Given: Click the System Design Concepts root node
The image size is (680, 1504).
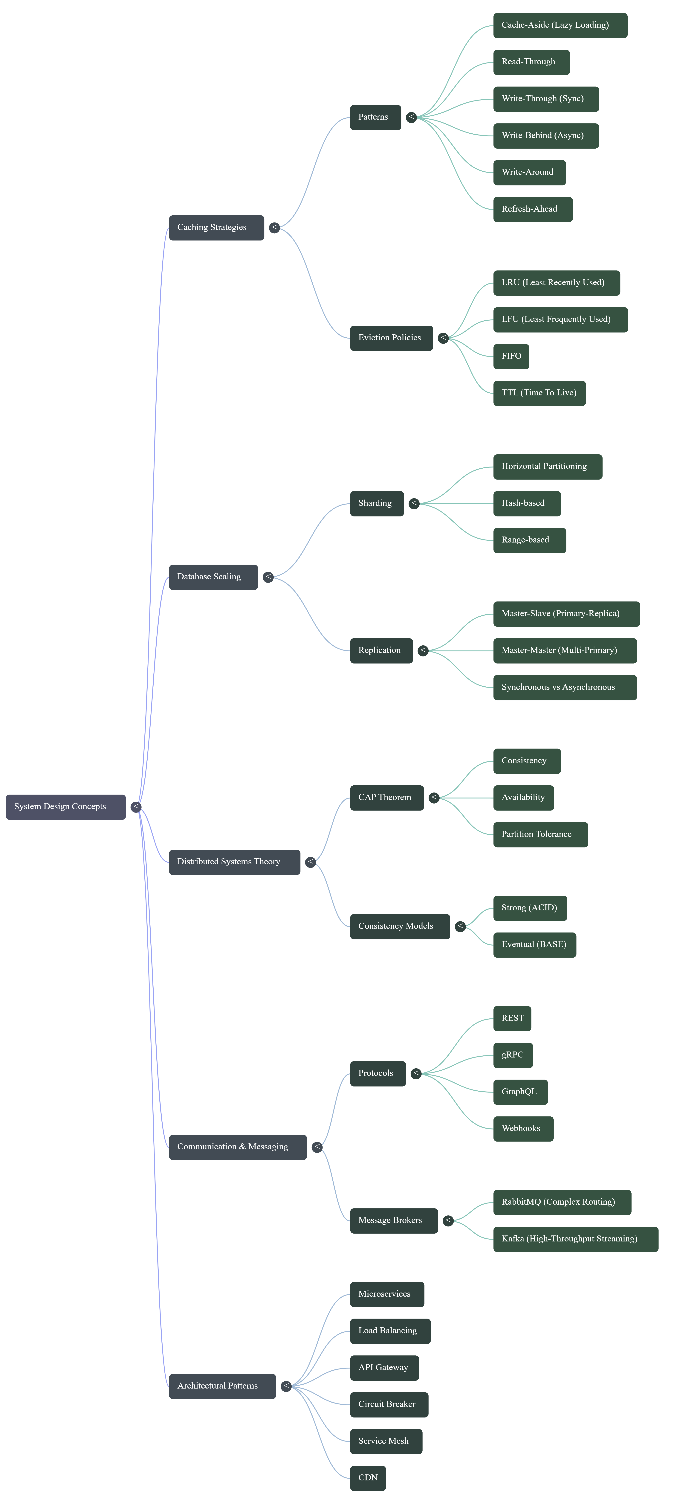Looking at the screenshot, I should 65,807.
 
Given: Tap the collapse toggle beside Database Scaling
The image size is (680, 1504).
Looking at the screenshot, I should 268,577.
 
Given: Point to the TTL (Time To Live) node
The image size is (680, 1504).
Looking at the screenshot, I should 539,393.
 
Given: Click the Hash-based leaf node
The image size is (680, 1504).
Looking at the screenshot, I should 526,503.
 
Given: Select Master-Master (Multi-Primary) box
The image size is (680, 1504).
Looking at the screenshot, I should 564,650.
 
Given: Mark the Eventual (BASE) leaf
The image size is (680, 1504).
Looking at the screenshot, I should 534,945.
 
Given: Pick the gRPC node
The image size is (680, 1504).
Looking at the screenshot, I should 513,1055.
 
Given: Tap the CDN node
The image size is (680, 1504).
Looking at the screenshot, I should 368,1478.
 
